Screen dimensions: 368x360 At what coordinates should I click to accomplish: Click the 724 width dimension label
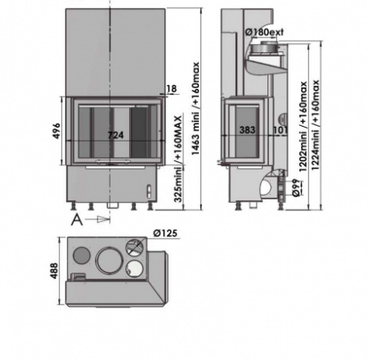115,135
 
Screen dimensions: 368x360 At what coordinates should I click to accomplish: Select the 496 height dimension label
56,131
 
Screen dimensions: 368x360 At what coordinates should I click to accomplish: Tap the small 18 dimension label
171,88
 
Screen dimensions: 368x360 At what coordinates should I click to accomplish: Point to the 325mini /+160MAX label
177,159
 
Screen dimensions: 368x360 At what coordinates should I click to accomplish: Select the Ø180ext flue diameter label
264,32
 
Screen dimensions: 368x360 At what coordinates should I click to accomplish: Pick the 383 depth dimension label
247,130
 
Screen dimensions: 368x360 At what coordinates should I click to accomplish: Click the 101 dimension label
280,130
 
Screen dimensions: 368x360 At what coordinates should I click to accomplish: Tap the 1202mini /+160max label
303,126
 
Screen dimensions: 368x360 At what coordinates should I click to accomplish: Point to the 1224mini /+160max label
315,125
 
